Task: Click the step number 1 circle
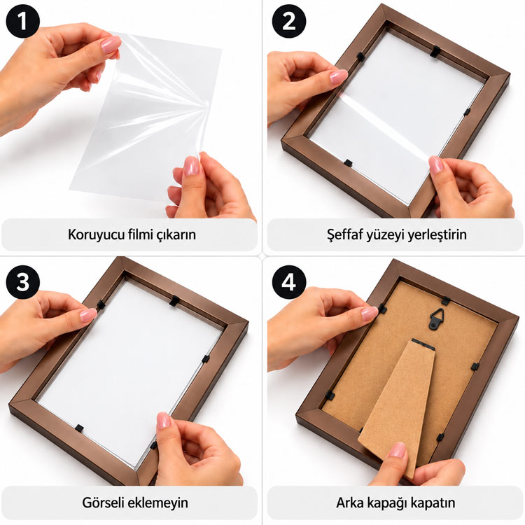[x=22, y=22]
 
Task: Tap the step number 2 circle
[x=288, y=21]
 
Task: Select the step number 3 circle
[x=22, y=282]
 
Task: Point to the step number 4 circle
[x=288, y=282]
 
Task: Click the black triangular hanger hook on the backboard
[x=437, y=319]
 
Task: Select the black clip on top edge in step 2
[x=435, y=51]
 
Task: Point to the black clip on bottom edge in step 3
[x=79, y=428]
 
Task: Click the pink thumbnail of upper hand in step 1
[x=111, y=45]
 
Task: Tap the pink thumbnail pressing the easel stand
[x=398, y=449]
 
